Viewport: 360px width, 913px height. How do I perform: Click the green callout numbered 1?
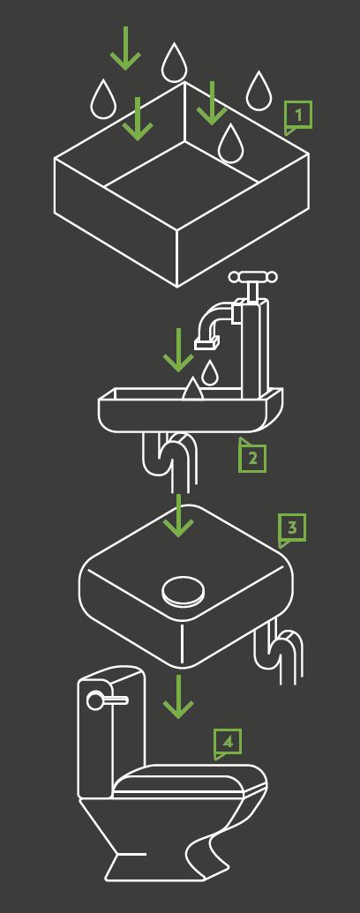[x=297, y=116]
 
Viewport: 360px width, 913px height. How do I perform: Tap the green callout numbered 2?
[x=252, y=457]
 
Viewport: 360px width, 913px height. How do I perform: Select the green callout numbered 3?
[x=291, y=528]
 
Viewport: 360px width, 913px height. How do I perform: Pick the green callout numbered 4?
[x=227, y=743]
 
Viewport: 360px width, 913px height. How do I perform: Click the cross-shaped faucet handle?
[x=251, y=279]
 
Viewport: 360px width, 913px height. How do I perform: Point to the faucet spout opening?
[x=206, y=345]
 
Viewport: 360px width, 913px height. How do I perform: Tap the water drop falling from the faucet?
[x=210, y=371]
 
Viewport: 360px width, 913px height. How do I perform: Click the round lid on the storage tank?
[x=184, y=592]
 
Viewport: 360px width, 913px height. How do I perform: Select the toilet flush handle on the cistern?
[x=107, y=700]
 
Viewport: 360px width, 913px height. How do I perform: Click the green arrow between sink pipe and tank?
[x=178, y=515]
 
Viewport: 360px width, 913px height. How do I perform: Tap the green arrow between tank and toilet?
[x=178, y=696]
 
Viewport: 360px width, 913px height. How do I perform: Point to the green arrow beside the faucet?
[x=178, y=350]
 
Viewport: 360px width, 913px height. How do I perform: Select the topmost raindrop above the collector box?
[x=173, y=63]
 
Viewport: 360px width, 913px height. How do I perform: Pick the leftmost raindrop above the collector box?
[x=103, y=99]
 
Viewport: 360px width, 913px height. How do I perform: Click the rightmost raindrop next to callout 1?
[x=257, y=91]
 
